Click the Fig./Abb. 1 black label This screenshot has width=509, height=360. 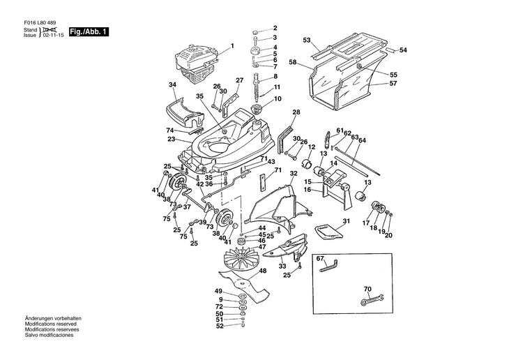coord(89,32)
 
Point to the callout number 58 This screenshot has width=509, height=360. coord(293,63)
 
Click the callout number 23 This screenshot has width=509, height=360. coord(171,140)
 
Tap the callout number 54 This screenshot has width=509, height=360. coord(402,50)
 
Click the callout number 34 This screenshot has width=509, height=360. coord(173,84)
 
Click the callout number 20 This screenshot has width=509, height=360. coord(389,234)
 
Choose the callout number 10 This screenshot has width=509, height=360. coord(278,99)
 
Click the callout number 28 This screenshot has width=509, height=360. coord(296,112)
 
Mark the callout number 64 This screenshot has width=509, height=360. coord(362,140)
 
